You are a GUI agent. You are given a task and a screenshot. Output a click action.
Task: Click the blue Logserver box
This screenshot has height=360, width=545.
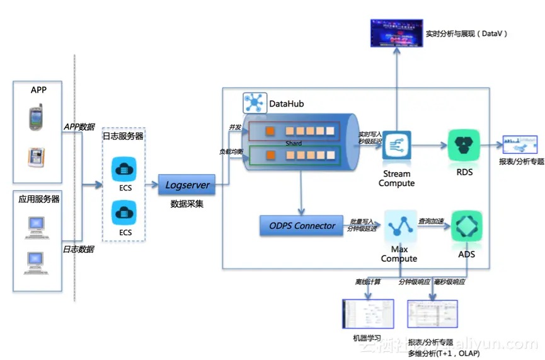(x=187, y=185)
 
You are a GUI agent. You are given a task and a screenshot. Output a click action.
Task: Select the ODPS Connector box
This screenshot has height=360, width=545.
(x=302, y=226)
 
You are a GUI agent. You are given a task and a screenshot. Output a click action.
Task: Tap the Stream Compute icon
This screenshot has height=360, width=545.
(x=397, y=146)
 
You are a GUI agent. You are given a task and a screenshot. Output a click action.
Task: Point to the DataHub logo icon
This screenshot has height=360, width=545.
(x=255, y=103)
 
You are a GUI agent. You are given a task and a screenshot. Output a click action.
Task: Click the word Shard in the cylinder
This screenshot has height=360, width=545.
(x=294, y=144)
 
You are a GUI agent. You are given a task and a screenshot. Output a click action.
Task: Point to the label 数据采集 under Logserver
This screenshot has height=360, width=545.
(x=186, y=204)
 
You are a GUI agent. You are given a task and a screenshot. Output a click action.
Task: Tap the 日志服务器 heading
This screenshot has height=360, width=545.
(x=123, y=136)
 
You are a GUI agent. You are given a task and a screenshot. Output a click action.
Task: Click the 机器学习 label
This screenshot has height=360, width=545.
(x=367, y=339)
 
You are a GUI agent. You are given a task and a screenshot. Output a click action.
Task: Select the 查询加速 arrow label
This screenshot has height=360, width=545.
(x=432, y=221)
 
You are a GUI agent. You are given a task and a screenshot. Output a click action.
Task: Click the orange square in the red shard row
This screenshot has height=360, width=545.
(x=270, y=131)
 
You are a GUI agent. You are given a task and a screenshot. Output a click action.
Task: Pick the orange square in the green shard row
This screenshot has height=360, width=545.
(x=270, y=154)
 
